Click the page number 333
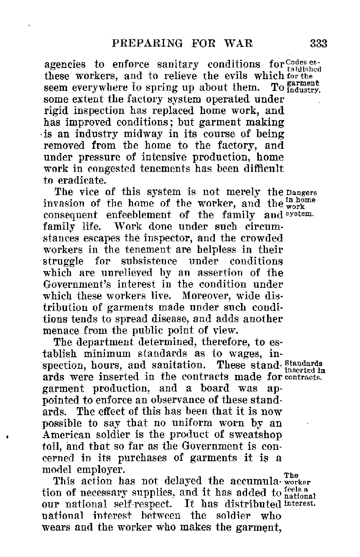318,44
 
